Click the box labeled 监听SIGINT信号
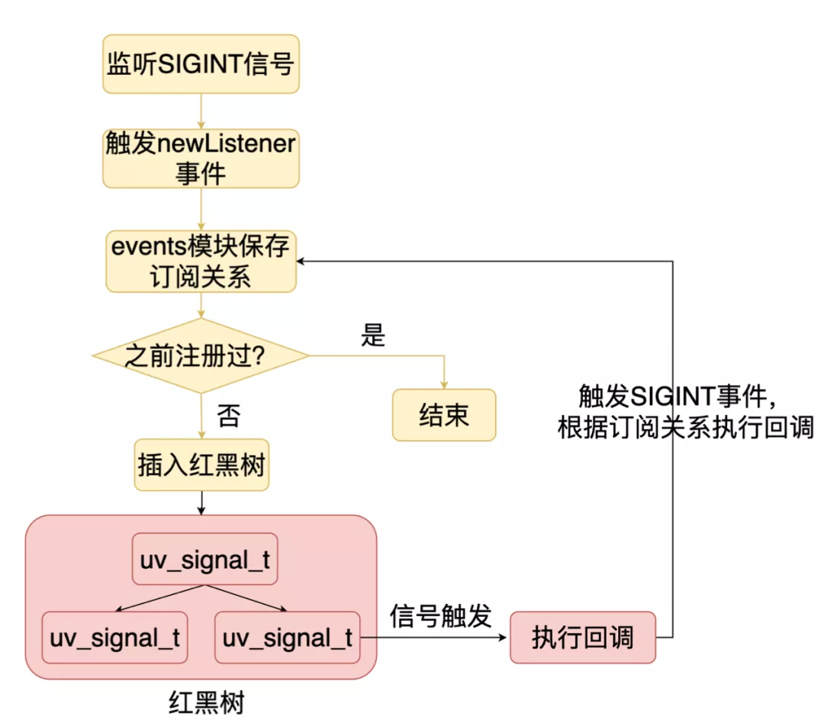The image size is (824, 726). [x=201, y=64]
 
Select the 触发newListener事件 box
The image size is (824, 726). [x=201, y=158]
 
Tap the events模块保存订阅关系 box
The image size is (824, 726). [x=201, y=262]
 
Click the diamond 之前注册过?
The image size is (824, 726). [x=201, y=356]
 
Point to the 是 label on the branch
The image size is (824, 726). [x=373, y=336]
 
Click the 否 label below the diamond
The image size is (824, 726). [x=228, y=416]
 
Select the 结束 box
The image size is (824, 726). [x=444, y=415]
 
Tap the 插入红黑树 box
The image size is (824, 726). [x=201, y=464]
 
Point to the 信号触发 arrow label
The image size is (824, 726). [x=440, y=615]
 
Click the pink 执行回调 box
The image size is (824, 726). [x=583, y=637]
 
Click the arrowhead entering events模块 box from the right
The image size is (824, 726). [x=302, y=262]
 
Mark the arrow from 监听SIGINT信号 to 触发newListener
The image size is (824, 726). [x=201, y=111]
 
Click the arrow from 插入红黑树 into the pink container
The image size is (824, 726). [x=201, y=501]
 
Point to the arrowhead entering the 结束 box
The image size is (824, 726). [x=444, y=385]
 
